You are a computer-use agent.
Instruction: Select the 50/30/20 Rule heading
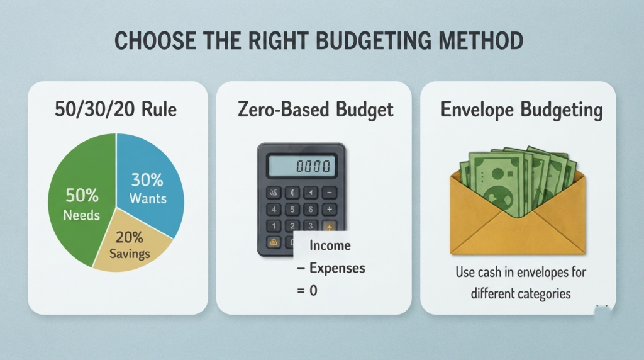tap(116, 110)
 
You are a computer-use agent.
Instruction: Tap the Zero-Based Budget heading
tap(316, 110)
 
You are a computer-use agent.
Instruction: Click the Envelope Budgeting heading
tap(521, 110)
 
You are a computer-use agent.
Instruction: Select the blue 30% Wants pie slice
tap(150, 185)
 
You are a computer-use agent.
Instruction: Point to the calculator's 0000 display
tap(301, 166)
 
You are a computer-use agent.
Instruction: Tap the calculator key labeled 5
tap(292, 210)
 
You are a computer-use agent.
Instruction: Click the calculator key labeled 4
tap(274, 210)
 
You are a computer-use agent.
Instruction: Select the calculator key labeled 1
tap(274, 225)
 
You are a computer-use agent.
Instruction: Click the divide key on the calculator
tap(329, 210)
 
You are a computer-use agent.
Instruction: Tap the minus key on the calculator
tap(329, 193)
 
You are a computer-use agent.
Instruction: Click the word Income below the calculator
tap(330, 245)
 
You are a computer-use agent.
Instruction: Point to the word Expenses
tap(337, 268)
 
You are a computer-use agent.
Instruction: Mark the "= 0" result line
tap(307, 291)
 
